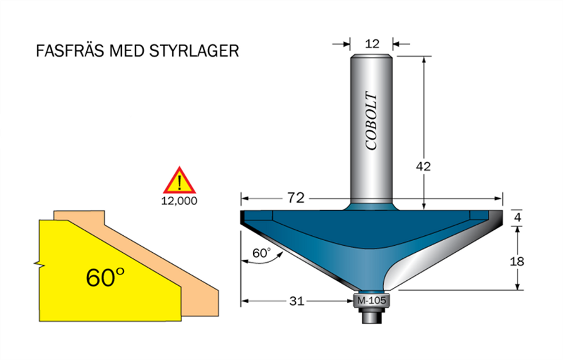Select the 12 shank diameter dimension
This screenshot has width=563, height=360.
(372, 43)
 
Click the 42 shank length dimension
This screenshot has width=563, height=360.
(423, 167)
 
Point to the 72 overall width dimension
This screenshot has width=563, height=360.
(296, 198)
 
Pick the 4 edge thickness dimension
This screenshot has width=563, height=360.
(517, 217)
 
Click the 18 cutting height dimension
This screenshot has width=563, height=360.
(517, 261)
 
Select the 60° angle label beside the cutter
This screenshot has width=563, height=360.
(262, 253)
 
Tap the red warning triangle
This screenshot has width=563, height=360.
(179, 181)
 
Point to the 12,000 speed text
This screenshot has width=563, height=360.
(179, 201)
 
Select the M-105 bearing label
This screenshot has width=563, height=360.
(372, 301)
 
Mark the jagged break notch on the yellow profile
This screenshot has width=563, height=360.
(38, 264)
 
